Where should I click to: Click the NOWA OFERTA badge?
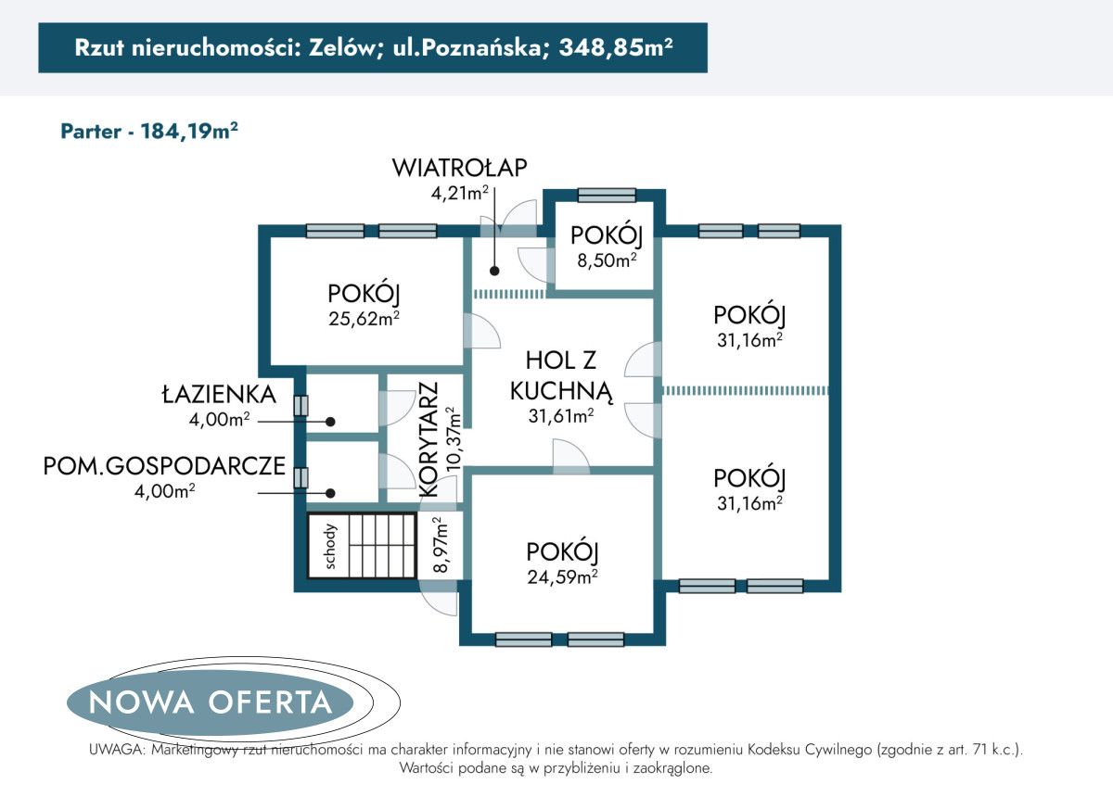click(211, 702)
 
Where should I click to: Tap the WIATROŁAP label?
click(460, 168)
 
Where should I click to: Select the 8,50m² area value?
click(607, 260)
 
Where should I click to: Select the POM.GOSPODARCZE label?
click(164, 466)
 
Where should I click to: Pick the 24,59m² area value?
click(561, 577)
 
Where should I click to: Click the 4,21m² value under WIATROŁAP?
click(454, 193)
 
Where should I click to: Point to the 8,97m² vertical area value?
click(441, 546)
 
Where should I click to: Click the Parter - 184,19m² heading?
click(149, 131)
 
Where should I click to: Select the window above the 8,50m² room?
click(607, 195)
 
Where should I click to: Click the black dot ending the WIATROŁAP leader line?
click(494, 272)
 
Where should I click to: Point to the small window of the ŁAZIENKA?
click(300, 405)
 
